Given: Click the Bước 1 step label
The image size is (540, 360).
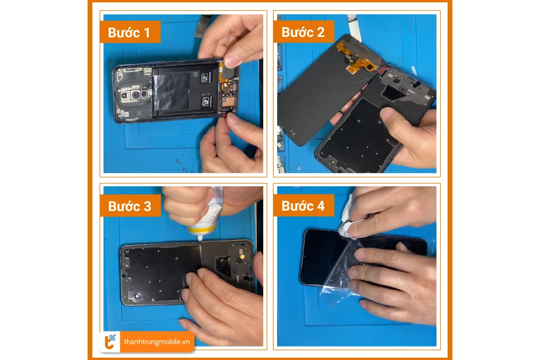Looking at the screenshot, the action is tap(129, 32).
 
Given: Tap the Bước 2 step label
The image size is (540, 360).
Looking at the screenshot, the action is tap(303, 32).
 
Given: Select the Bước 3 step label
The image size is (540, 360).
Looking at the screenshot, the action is tap(130, 206).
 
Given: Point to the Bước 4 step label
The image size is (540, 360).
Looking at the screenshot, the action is tap(303, 206).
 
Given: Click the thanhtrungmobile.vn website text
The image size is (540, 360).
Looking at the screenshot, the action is tap(157, 342).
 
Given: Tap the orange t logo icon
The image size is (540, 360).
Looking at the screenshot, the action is tap(110, 342).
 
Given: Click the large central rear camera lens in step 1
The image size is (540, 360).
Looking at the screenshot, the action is tap(136, 95).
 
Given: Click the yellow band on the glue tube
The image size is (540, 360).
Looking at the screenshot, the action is tap(202, 230).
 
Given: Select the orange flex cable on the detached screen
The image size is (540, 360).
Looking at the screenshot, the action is tap(355, 58).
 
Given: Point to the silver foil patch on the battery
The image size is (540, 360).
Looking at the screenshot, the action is tap(171, 91).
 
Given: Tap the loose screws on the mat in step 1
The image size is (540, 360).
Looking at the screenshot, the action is tap(184, 166).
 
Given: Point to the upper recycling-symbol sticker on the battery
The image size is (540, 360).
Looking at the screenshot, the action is tap(205, 78).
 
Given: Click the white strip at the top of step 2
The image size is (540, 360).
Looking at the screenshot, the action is tap(354, 27).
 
